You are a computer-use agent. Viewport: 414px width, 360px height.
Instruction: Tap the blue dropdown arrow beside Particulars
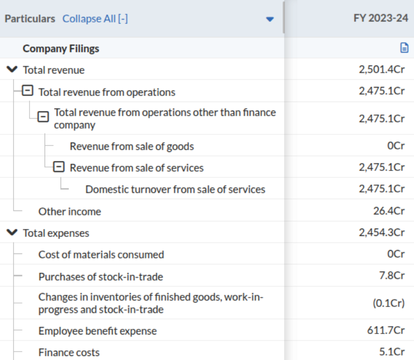pos(269,19)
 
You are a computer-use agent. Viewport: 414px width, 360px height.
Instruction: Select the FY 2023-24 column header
pos(378,19)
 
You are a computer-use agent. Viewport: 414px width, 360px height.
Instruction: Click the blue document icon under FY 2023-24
pos(404,48)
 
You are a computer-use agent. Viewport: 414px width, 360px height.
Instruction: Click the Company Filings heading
pos(61,48)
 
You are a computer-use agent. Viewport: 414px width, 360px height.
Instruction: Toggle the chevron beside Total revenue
pos(12,70)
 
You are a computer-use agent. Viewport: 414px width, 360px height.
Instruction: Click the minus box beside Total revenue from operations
pos(28,92)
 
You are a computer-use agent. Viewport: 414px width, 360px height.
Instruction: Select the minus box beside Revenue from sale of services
pos(59,167)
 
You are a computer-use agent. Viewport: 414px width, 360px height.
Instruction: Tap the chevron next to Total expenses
pos(12,233)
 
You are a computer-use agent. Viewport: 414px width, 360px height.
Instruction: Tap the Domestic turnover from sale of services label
pos(175,189)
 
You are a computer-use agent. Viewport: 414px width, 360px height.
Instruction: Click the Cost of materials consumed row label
pos(101,254)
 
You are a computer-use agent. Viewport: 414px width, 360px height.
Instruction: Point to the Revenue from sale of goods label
pos(132,146)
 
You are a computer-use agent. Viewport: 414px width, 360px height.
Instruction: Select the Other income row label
pos(70,211)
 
